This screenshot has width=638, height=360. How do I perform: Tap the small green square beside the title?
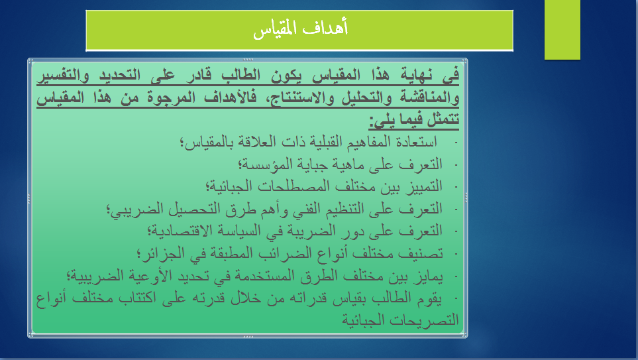(562, 29)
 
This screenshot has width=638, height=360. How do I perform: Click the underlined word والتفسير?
(63, 76)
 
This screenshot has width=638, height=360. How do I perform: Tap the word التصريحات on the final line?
(424, 320)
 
